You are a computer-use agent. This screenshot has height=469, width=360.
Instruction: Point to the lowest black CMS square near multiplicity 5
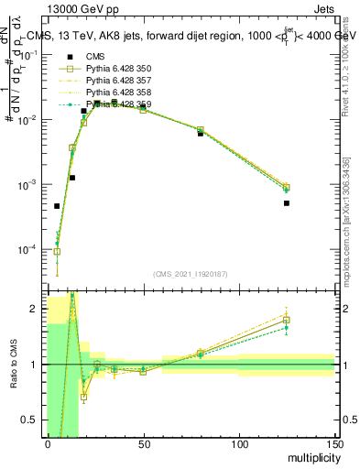pos(57,206)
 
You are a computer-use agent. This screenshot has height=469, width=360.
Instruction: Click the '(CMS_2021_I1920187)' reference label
pos(191,274)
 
